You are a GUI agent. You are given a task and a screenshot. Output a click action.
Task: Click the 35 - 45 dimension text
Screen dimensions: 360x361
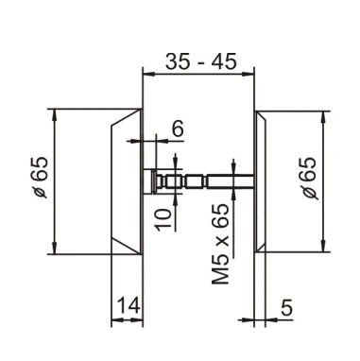tap(200, 61)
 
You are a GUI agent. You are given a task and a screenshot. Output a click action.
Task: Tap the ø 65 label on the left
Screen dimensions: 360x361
tap(41, 177)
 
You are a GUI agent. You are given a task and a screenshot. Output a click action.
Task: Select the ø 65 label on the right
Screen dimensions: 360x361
tap(309, 178)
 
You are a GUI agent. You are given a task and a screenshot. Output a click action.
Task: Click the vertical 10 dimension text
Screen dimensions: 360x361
tap(163, 218)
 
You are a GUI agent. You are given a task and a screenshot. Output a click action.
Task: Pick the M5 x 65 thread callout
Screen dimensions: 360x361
tap(219, 244)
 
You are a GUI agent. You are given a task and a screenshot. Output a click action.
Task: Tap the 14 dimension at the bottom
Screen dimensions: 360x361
tap(129, 306)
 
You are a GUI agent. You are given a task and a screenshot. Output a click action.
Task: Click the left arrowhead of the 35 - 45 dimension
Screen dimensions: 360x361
tap(148, 75)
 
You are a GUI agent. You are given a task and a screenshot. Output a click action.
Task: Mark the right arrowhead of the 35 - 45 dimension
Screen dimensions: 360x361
tap(249, 75)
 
